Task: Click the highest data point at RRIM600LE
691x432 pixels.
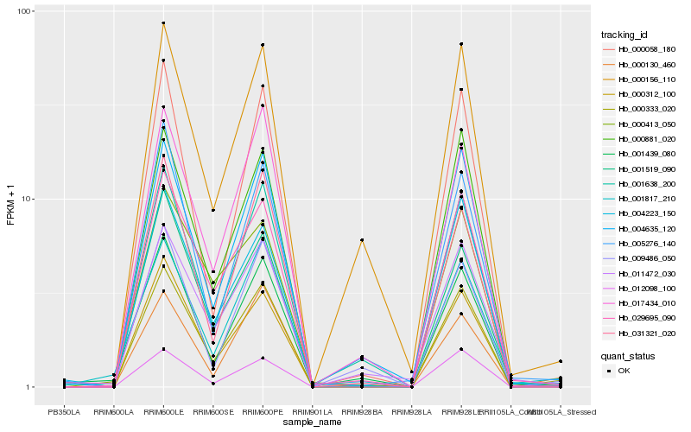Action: (x=163, y=23)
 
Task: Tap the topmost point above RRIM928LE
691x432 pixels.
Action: (x=461, y=44)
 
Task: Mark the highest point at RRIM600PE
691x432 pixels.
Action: (x=263, y=45)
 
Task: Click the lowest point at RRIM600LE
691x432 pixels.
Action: (x=163, y=349)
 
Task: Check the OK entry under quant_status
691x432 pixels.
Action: (x=636, y=370)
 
